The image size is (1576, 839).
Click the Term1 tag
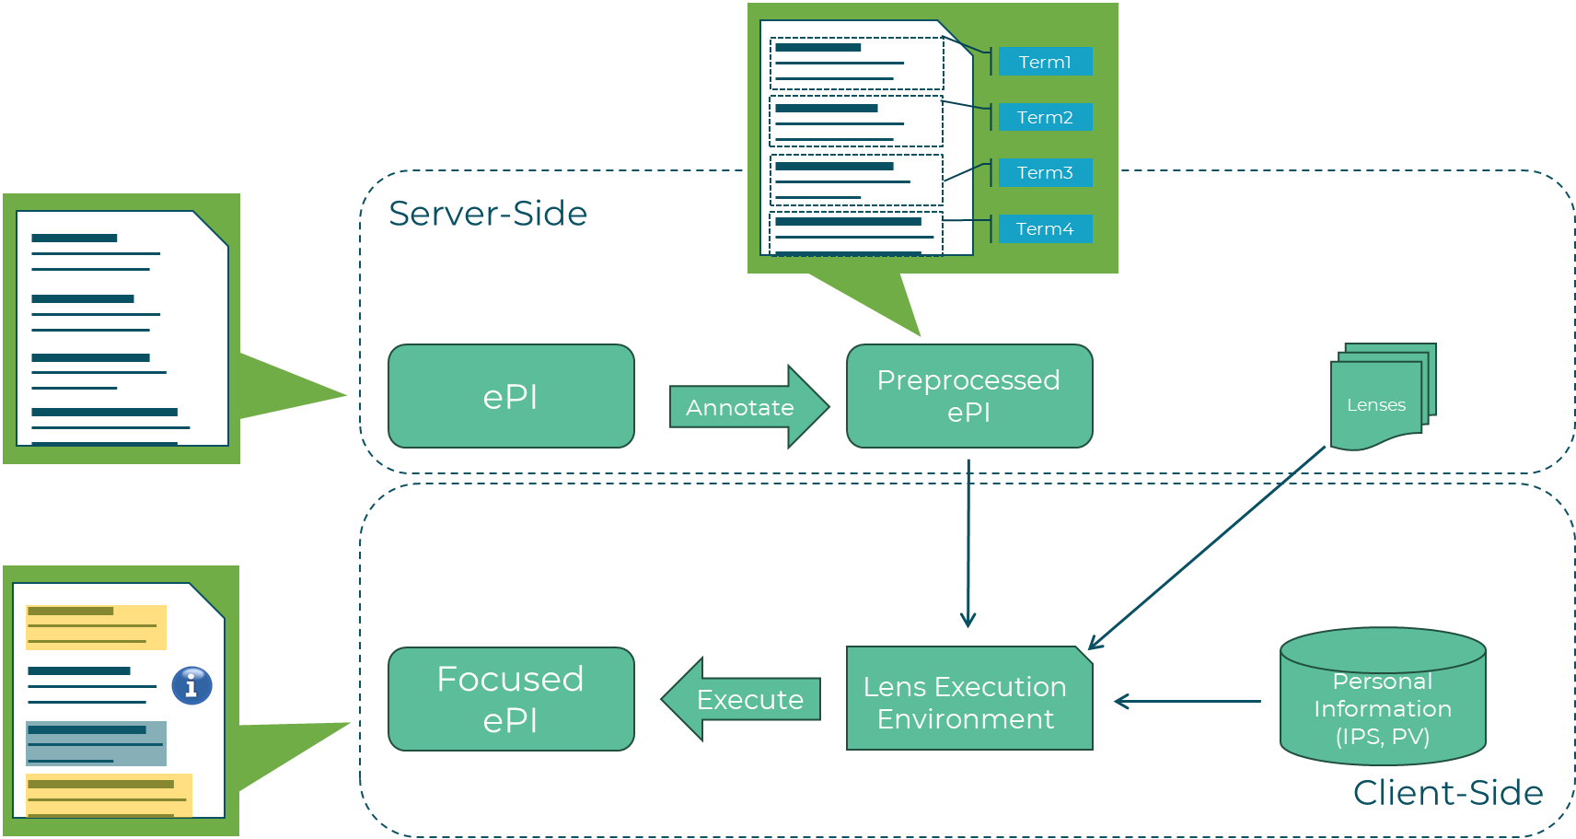pos(1045,62)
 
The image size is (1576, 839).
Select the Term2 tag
pos(1045,117)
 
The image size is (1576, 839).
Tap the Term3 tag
pos(1045,172)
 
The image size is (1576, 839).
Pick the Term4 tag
pos(1045,228)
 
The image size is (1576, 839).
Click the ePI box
pos(511,397)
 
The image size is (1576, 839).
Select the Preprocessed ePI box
pos(968,396)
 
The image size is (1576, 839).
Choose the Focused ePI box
pos(511,699)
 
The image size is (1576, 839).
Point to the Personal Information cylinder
pos(1383,700)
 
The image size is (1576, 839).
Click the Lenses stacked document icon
pos(1379,401)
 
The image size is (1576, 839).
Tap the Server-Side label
pos(488,214)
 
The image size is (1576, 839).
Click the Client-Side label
pos(1447,793)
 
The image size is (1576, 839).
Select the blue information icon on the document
pos(191,685)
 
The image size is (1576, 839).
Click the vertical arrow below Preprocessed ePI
pos(968,543)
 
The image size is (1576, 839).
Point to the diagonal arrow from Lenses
pos(1206,549)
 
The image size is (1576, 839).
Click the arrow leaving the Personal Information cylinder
pos(1188,702)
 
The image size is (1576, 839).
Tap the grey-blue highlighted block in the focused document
pos(96,743)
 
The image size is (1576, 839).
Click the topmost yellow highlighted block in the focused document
pos(96,626)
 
